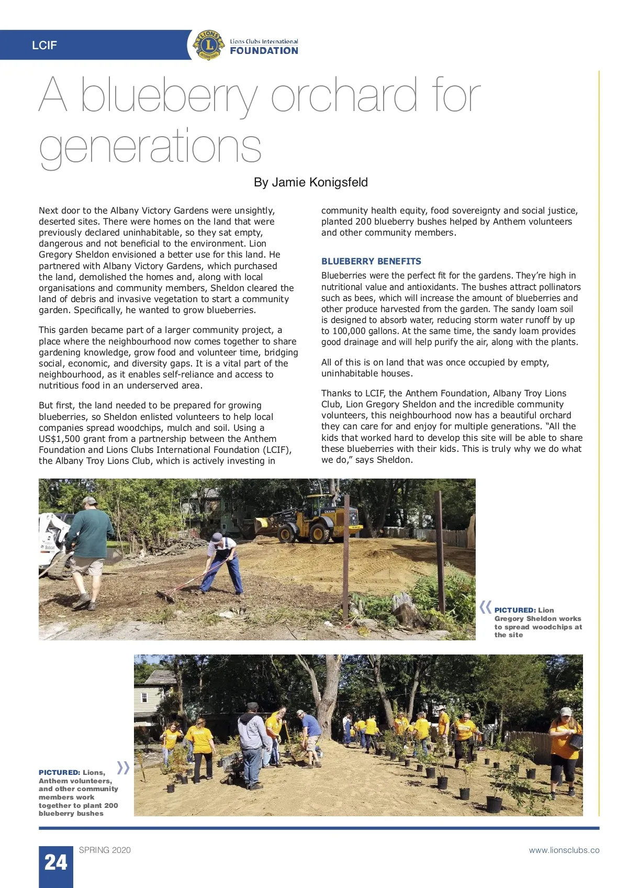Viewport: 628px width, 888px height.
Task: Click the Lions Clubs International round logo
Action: tap(209, 45)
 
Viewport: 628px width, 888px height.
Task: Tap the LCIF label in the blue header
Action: tap(44, 46)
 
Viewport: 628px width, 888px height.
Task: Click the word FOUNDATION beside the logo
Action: tap(264, 51)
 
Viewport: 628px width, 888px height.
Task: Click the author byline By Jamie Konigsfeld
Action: tap(310, 182)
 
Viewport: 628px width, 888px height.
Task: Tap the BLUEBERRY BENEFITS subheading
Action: tap(371, 261)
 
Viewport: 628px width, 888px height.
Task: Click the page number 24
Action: tap(55, 862)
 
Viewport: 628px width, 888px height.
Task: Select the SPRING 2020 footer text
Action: tap(105, 850)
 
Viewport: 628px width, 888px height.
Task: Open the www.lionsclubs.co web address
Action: tap(564, 850)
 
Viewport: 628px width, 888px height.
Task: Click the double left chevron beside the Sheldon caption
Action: tap(485, 607)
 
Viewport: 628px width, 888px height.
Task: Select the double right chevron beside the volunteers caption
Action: tap(123, 768)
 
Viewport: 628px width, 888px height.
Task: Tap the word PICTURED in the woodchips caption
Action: tap(514, 610)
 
